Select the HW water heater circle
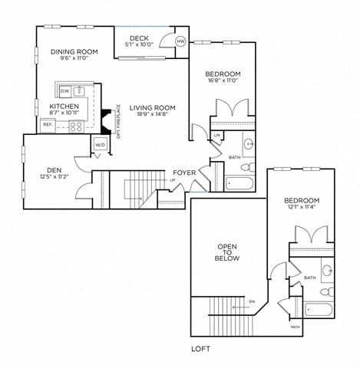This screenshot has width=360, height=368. [x=180, y=41]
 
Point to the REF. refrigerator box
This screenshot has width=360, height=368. [x=48, y=124]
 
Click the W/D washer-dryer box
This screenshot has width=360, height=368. [x=101, y=144]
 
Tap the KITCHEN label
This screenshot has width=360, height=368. [x=64, y=107]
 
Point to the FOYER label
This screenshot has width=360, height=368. [x=183, y=172]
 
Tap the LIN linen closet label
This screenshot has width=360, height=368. [x=217, y=136]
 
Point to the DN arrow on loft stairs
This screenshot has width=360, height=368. [x=252, y=301]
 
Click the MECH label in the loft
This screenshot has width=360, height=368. [x=295, y=327]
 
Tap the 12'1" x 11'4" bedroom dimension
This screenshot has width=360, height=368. [x=302, y=207]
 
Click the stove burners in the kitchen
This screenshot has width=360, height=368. [x=76, y=126]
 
